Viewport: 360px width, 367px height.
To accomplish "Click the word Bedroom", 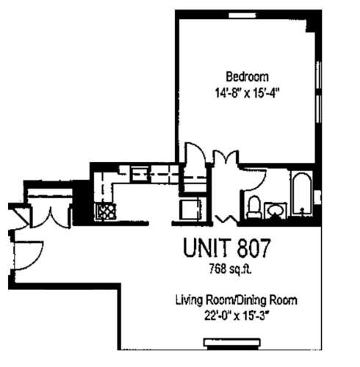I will tap(247, 76).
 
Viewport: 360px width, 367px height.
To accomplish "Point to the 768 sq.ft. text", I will tap(230, 268).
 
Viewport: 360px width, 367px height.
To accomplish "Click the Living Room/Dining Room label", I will tap(236, 300).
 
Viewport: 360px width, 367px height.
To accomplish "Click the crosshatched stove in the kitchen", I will tap(106, 213).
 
